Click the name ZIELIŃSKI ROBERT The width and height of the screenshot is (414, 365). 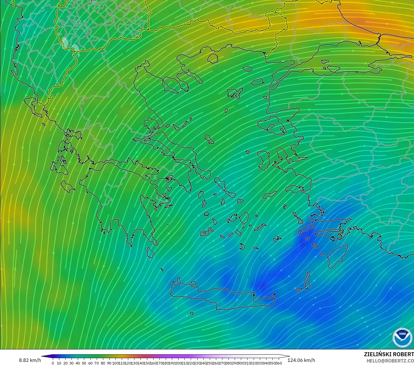(x=389, y=354)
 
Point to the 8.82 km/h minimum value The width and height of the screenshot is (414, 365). (x=30, y=360)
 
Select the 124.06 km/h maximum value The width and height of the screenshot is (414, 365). (x=301, y=360)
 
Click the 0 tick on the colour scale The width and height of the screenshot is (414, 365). (x=53, y=363)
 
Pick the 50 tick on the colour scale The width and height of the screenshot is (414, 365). (x=84, y=363)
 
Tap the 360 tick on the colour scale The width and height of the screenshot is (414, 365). (x=279, y=363)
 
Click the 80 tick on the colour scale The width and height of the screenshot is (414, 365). (x=103, y=363)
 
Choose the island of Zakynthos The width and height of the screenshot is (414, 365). (x=68, y=186)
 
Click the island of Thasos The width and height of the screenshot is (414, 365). (x=213, y=58)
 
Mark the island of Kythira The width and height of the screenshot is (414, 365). (x=150, y=252)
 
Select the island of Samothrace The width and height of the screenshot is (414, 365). (x=247, y=69)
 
